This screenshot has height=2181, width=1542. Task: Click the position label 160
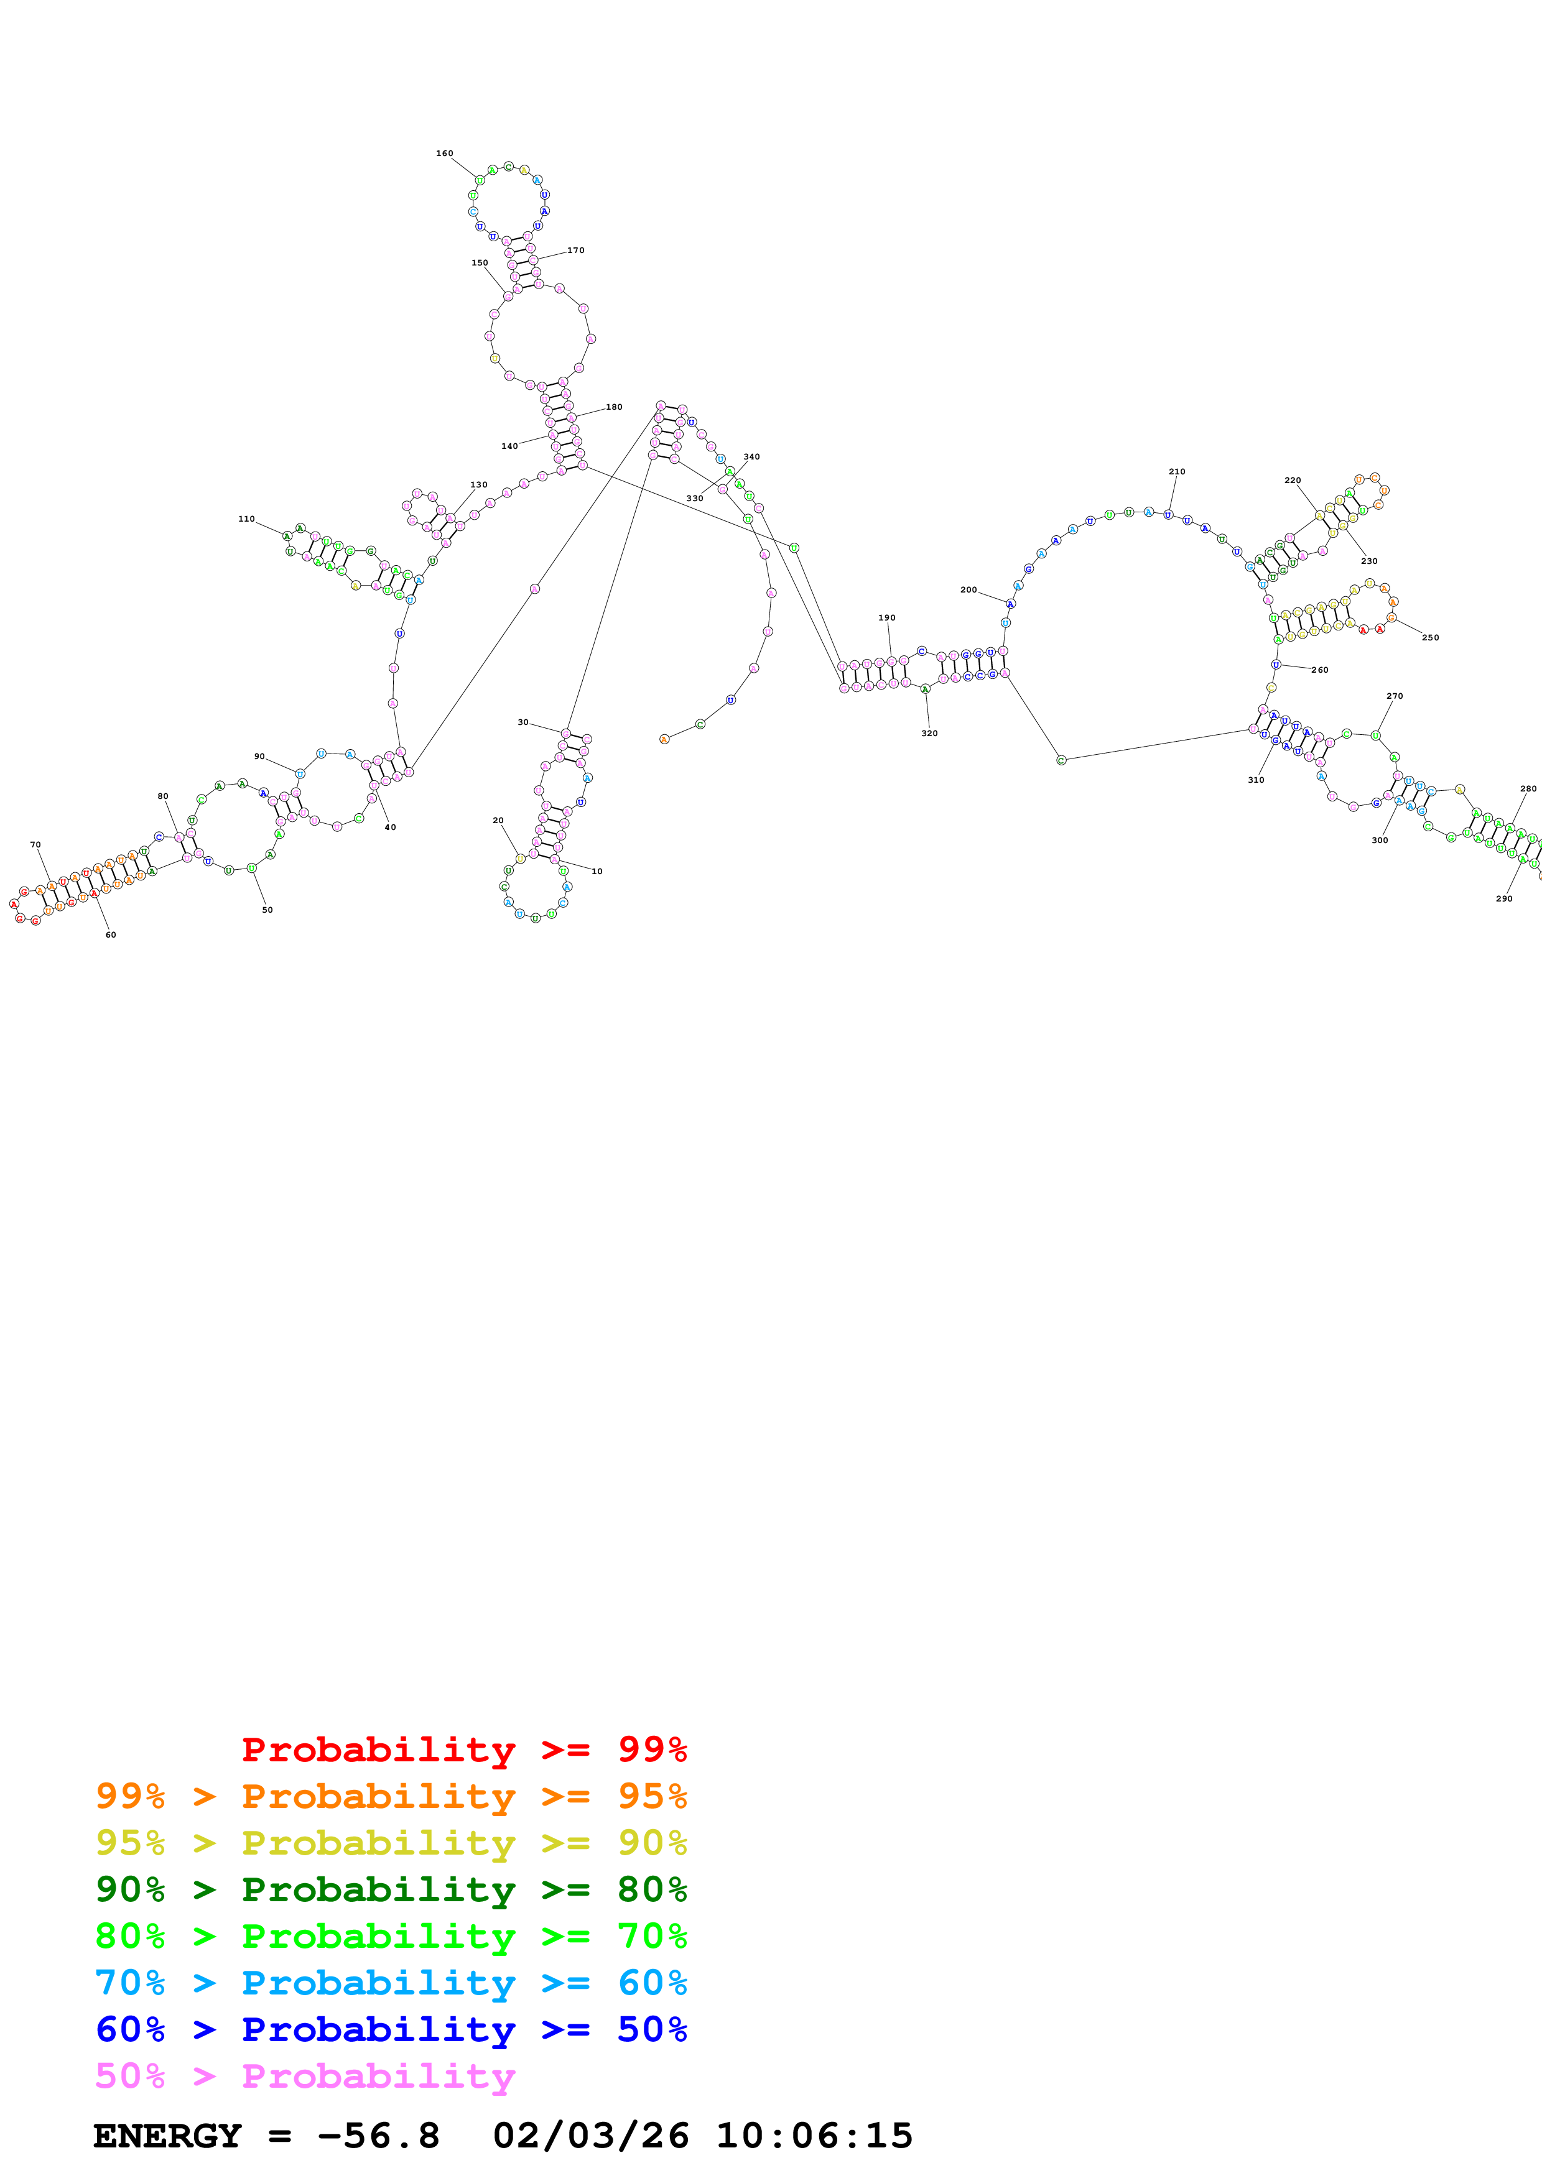[445, 153]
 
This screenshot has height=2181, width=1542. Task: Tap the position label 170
[576, 251]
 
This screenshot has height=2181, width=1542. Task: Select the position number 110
[246, 519]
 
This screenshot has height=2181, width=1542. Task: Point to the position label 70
[35, 844]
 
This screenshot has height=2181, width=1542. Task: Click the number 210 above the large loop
[1176, 471]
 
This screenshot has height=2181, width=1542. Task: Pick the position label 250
[1430, 637]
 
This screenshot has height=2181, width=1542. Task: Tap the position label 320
[929, 734]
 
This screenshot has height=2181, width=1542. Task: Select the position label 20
[498, 820]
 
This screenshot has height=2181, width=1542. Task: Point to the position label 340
[751, 457]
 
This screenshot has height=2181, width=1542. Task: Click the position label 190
[886, 617]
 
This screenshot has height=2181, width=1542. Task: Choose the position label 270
[1395, 696]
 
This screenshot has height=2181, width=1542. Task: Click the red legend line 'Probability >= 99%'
[463, 1749]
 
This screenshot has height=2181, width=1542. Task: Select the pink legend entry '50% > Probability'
[304, 2075]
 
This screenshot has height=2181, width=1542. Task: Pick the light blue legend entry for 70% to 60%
[391, 1983]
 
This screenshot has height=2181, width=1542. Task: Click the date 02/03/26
[590, 2136]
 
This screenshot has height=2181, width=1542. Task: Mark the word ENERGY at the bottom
[167, 2136]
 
